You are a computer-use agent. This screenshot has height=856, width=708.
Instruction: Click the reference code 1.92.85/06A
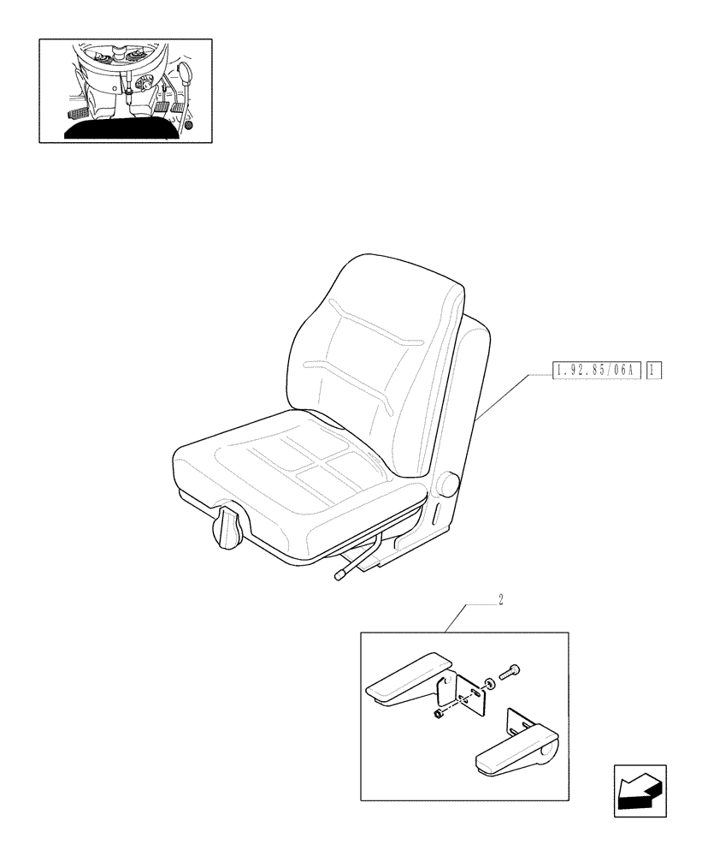pyautogui.click(x=596, y=371)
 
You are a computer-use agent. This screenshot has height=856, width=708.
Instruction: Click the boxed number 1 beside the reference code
pyautogui.click(x=654, y=371)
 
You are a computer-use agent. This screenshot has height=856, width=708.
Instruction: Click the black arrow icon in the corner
pyautogui.click(x=639, y=787)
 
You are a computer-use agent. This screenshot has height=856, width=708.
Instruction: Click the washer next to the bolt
pyautogui.click(x=487, y=684)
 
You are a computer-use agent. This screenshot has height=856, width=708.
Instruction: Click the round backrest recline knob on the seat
pyautogui.click(x=449, y=484)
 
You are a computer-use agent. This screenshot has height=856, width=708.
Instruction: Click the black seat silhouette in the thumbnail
pyautogui.click(x=120, y=129)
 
